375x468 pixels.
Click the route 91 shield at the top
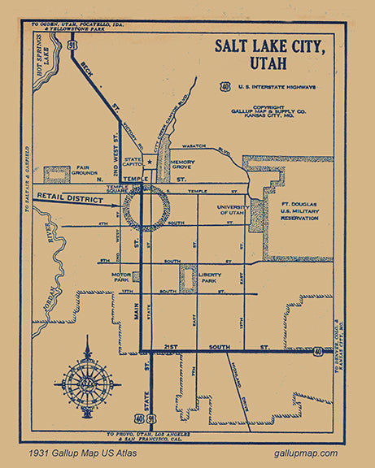pos(73,45)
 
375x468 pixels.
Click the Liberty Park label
pos(216,279)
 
